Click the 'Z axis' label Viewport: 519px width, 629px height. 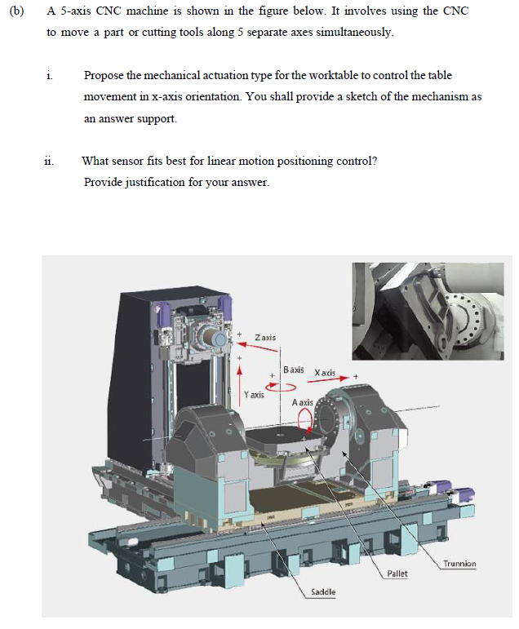(x=265, y=337)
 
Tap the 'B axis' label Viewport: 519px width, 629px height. (x=294, y=370)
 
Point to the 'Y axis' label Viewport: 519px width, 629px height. (x=254, y=395)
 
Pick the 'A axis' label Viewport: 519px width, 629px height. (x=302, y=402)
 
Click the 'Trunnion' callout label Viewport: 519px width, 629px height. (x=459, y=563)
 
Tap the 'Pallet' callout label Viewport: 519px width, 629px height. (x=397, y=574)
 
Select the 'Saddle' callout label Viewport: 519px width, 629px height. (x=324, y=591)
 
